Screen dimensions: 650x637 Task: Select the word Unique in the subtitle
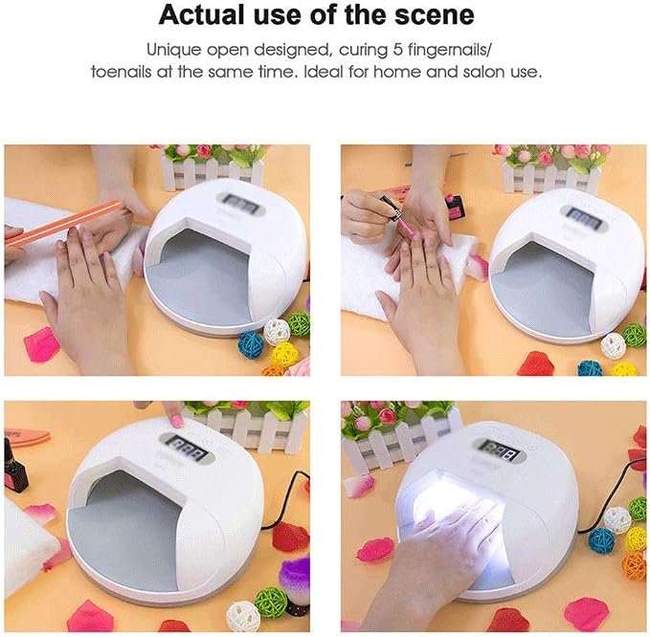pos(173,51)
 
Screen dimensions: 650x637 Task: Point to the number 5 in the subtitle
pos(397,50)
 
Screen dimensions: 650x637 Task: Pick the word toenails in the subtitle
pos(121,72)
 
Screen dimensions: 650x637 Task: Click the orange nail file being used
pos(63,223)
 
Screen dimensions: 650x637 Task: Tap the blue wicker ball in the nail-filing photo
pos(251,343)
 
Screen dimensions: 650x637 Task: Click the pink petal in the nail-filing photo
pos(41,343)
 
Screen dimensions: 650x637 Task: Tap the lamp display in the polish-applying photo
pos(584,217)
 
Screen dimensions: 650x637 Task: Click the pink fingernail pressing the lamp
pos(177,421)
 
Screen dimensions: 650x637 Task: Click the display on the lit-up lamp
pos(502,450)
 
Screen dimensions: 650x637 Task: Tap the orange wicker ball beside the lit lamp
pos(635,566)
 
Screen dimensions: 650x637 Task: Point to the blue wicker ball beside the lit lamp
pos(601,539)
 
